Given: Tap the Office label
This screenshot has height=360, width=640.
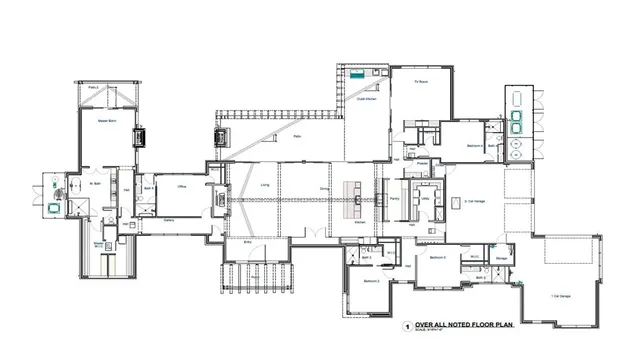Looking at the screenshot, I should (183, 186).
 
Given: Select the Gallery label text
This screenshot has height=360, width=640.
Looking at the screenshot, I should (169, 220).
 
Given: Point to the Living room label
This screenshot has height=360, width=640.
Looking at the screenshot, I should (265, 185).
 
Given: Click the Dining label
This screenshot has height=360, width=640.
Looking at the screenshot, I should (324, 185).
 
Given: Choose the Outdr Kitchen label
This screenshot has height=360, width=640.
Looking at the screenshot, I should (366, 99).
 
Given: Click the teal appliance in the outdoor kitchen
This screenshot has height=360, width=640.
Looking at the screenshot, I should (357, 73).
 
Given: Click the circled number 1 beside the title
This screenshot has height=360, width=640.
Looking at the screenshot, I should (406, 326).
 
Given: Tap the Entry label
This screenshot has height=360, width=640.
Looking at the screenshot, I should (248, 241).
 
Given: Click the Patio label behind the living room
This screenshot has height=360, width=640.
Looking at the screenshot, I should (298, 137).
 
